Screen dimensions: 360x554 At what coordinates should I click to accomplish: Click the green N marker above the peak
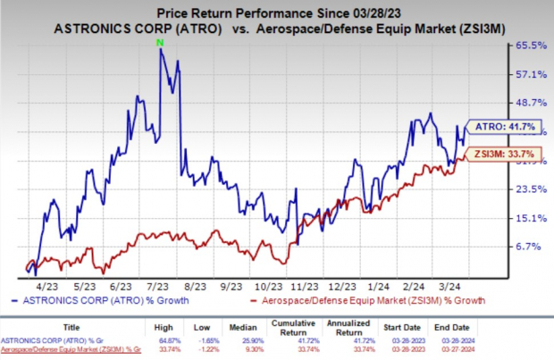160,42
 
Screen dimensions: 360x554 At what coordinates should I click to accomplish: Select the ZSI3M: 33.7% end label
496,153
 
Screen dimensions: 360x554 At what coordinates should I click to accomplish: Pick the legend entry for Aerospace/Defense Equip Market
367,301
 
